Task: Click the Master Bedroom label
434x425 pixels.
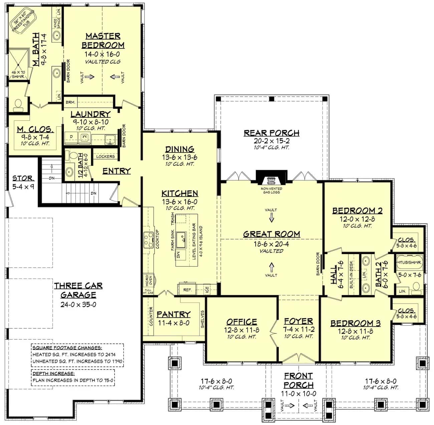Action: click(103, 40)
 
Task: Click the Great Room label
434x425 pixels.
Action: click(271, 234)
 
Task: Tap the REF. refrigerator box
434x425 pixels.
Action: click(188, 290)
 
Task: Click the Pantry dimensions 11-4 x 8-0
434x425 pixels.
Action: click(173, 323)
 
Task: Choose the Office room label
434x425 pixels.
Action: click(241, 322)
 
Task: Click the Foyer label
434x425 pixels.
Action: click(298, 321)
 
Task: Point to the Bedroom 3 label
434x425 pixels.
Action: click(355, 323)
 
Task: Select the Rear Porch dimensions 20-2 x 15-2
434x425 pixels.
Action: click(271, 141)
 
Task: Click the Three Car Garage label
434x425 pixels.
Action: click(78, 290)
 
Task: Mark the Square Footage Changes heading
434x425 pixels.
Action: click(67, 348)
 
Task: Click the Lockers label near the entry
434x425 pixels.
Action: click(105, 156)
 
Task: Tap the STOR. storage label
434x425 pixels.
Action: click(23, 178)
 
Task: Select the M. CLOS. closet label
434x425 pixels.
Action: click(35, 129)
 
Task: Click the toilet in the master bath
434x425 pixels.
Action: click(18, 105)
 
